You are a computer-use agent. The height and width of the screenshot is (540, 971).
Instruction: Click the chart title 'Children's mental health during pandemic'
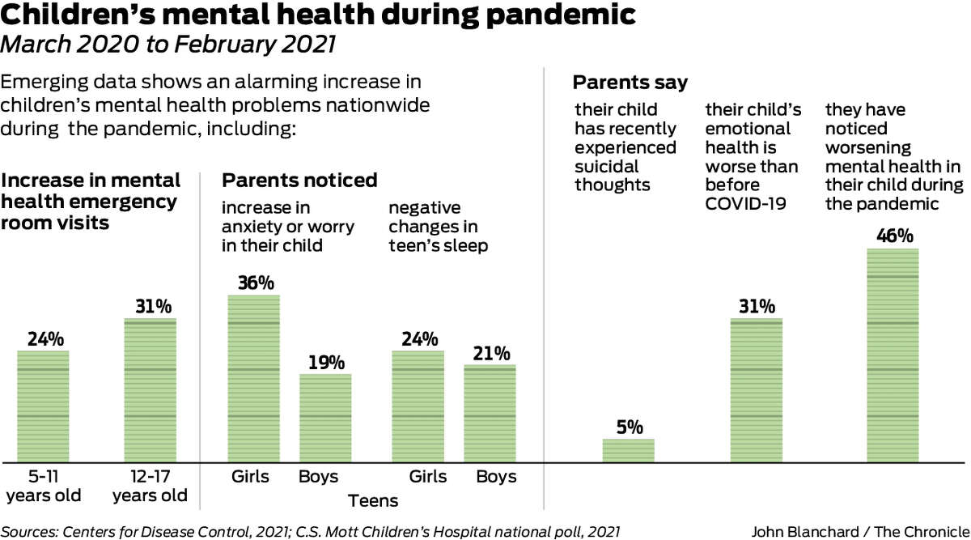coord(317,15)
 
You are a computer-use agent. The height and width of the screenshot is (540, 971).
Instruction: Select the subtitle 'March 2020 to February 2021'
coord(167,45)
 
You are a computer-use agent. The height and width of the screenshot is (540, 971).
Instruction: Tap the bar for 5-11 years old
coord(43,406)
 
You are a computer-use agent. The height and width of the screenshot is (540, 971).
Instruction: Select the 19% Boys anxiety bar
coord(325,418)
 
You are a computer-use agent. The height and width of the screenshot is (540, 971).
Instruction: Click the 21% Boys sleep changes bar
coord(489,413)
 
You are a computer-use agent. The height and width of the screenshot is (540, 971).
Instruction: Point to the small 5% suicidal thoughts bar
coord(628,450)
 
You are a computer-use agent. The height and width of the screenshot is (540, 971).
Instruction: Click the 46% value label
coord(894,236)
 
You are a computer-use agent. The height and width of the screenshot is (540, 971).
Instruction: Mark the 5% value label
coord(629,427)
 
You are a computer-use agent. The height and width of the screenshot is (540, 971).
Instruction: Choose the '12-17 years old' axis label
coord(150,486)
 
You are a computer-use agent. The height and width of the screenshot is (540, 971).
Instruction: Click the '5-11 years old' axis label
coord(44,486)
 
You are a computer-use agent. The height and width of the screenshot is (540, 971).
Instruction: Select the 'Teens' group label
coord(373,501)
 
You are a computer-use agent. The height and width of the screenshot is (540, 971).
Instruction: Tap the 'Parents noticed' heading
coord(299,180)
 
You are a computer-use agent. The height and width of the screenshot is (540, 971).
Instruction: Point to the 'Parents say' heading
coord(630,83)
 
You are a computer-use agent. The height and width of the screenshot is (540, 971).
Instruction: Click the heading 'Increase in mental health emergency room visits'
coord(91,201)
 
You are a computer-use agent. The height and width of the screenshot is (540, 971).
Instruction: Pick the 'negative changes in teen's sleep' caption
coord(438,226)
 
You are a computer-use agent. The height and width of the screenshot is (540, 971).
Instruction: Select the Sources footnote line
coord(311,531)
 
